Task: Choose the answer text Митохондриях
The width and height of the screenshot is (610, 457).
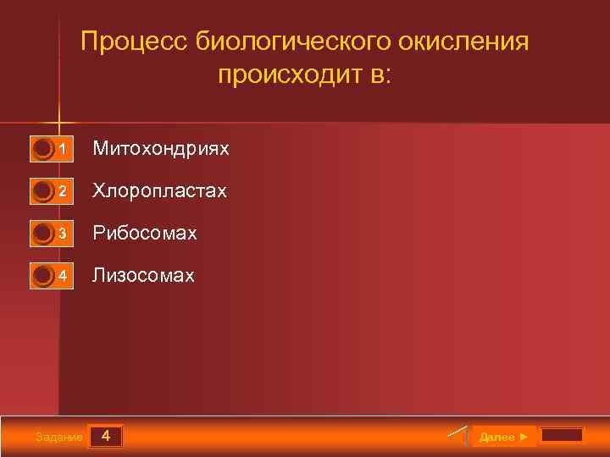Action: [161, 149]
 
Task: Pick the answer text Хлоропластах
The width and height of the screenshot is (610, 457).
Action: [160, 191]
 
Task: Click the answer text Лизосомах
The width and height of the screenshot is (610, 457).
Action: [143, 276]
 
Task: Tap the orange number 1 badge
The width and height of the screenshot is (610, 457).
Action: [63, 150]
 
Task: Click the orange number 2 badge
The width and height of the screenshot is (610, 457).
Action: [63, 192]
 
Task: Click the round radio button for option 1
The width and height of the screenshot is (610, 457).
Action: [42, 150]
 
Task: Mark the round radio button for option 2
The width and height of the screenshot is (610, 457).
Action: [42, 192]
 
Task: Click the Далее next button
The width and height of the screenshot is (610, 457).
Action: [503, 437]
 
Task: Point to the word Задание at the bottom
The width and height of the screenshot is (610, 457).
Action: [59, 438]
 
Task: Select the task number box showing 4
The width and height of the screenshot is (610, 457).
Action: [105, 437]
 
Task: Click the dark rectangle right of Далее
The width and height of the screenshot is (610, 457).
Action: [562, 436]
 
